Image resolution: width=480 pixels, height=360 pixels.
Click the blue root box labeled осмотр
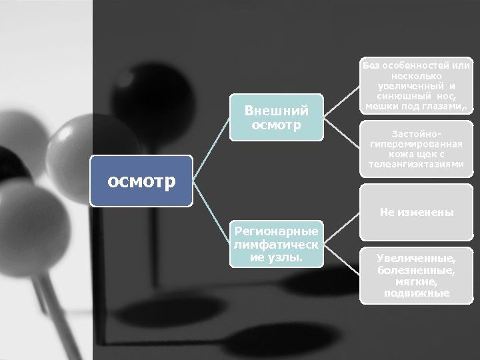(x=141, y=180)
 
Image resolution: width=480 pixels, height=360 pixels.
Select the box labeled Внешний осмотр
(x=276, y=117)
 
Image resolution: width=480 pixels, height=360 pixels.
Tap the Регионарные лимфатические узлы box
(x=276, y=244)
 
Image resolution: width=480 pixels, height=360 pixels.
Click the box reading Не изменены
(x=416, y=213)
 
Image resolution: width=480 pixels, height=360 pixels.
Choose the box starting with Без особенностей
(x=416, y=87)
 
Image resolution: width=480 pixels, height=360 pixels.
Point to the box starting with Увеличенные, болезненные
(x=416, y=275)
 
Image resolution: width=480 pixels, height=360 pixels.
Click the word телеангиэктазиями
(x=416, y=164)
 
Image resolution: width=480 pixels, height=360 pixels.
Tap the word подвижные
(x=416, y=293)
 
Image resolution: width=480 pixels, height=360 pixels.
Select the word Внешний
(x=277, y=110)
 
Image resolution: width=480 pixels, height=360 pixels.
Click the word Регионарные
(x=276, y=231)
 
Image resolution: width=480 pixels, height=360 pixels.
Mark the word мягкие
(x=416, y=282)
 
